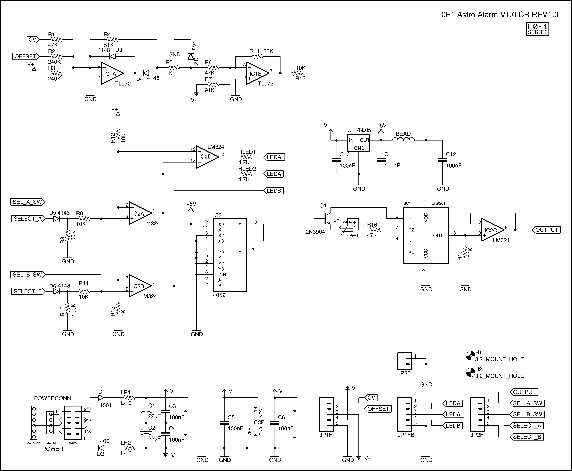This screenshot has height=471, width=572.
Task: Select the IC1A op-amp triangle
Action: point(111,73)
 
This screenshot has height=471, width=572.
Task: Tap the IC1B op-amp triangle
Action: point(257,73)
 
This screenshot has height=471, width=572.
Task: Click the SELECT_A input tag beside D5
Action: point(28,219)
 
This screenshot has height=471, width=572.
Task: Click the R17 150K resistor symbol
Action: point(465,254)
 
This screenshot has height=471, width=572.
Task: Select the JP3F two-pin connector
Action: point(404,361)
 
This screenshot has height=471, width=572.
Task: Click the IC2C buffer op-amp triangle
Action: point(492,230)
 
